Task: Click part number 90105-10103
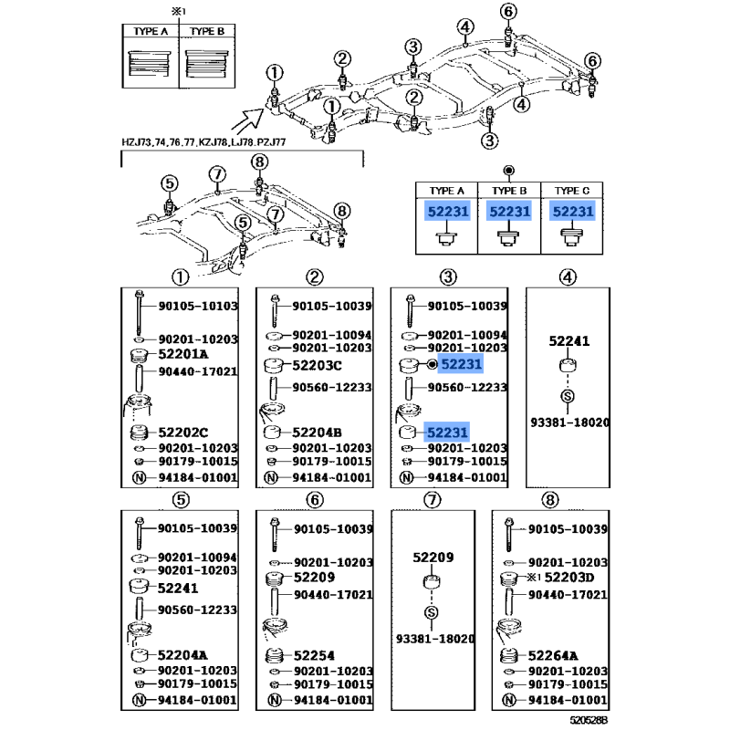[x=198, y=306]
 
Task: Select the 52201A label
[x=183, y=354]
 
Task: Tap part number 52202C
[x=183, y=433]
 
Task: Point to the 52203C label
[x=317, y=366]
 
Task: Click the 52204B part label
[x=317, y=433]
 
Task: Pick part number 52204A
[x=182, y=655]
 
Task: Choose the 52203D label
[x=569, y=578]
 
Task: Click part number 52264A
[x=553, y=655]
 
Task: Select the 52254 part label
[x=314, y=655]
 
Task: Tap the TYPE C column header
[x=572, y=191]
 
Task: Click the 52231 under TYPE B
[x=510, y=212]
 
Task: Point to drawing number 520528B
[x=589, y=720]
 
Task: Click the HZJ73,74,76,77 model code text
[x=158, y=142]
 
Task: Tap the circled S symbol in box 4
[x=568, y=396]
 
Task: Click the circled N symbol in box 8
[x=509, y=700]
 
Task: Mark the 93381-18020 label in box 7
[x=435, y=639]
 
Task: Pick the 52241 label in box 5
[x=178, y=588]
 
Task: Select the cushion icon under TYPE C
[x=572, y=236]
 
